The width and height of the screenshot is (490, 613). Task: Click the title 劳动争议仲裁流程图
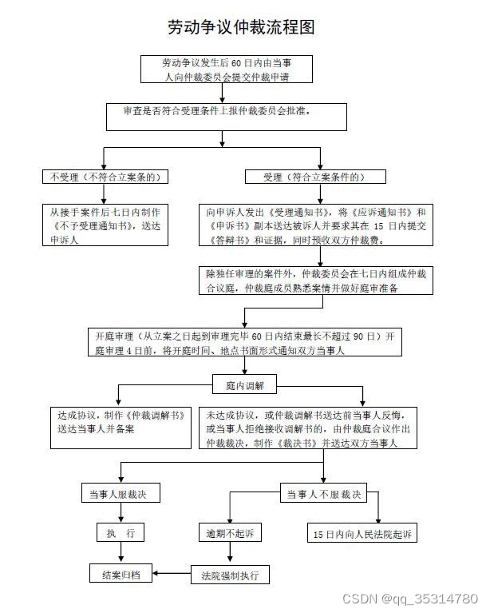(241, 27)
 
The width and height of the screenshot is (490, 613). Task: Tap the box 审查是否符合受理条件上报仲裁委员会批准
(227, 116)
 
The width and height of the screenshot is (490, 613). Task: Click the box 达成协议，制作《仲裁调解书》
(120, 423)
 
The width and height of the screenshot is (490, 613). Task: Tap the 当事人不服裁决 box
(323, 494)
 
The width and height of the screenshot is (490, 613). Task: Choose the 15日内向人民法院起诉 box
(362, 533)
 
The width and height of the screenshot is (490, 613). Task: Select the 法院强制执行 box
(228, 574)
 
